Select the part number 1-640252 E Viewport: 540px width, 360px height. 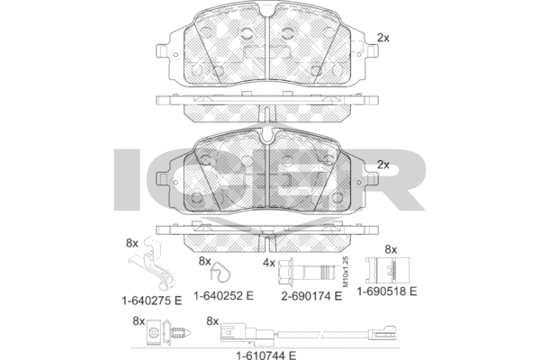coord(225,293)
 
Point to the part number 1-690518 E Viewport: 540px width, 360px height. coord(388,292)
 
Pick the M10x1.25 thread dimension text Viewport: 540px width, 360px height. coord(344,269)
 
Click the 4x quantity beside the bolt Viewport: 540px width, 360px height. coord(268,263)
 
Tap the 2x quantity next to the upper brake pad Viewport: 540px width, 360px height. coord(382,38)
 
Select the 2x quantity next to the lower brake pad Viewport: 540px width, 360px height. coord(382,165)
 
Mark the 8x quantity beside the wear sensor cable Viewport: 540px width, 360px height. coord(212,320)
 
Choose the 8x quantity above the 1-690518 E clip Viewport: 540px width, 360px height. coord(391,248)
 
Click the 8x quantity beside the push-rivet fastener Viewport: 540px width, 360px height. coord(139,320)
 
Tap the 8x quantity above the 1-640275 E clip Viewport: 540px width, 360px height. coord(131,243)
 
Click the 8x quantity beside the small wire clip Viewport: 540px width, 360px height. coord(204,261)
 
